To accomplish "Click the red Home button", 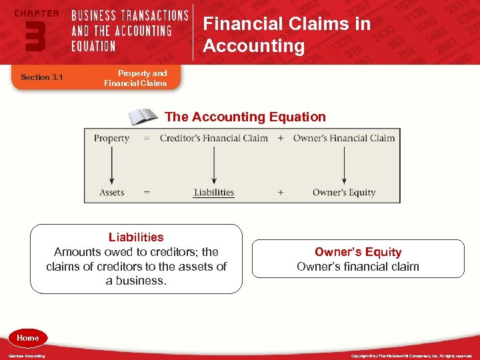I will coord(27,338).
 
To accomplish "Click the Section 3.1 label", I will coord(41,77).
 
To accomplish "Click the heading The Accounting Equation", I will coord(245,117).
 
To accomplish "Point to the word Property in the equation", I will coord(111,138).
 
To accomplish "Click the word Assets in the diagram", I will coord(111,192).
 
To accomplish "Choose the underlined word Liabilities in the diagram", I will coord(214,192).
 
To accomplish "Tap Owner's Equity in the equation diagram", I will coord(344,192).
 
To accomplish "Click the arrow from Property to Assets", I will coord(111,165).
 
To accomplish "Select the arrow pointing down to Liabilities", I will coord(214,165).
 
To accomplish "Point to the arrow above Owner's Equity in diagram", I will coord(344,165).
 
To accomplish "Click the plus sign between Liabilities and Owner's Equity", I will coord(280,192).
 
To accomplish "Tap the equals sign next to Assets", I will coord(146,192).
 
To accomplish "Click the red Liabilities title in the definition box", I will coord(136,237).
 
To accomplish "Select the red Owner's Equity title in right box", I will coord(358,252).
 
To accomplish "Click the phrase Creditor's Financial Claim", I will coord(214,138).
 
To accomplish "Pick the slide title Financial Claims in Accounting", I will coord(287,35).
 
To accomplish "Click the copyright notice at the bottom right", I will coord(411,356).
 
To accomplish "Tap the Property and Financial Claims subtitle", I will coord(135,78).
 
